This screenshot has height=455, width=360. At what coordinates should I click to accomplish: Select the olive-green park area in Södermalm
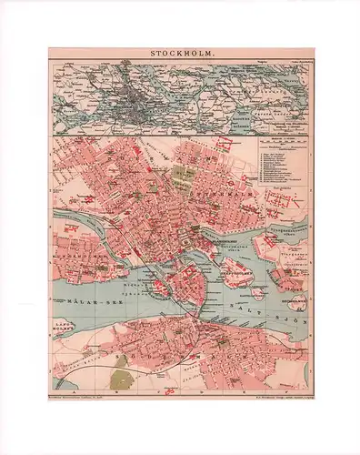(118, 361)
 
